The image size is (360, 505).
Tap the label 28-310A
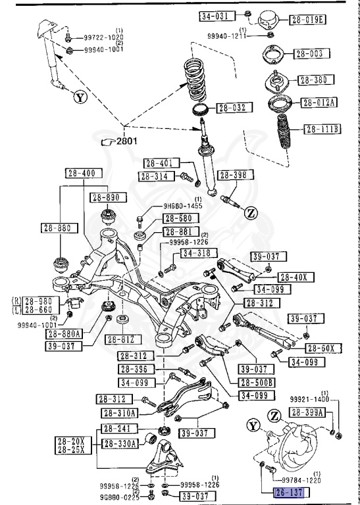120,413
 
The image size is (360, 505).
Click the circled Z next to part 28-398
251,213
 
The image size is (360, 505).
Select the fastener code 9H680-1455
182,206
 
